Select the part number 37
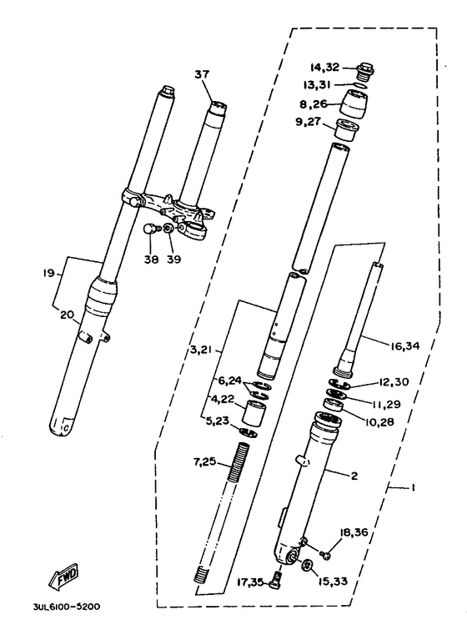201,74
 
